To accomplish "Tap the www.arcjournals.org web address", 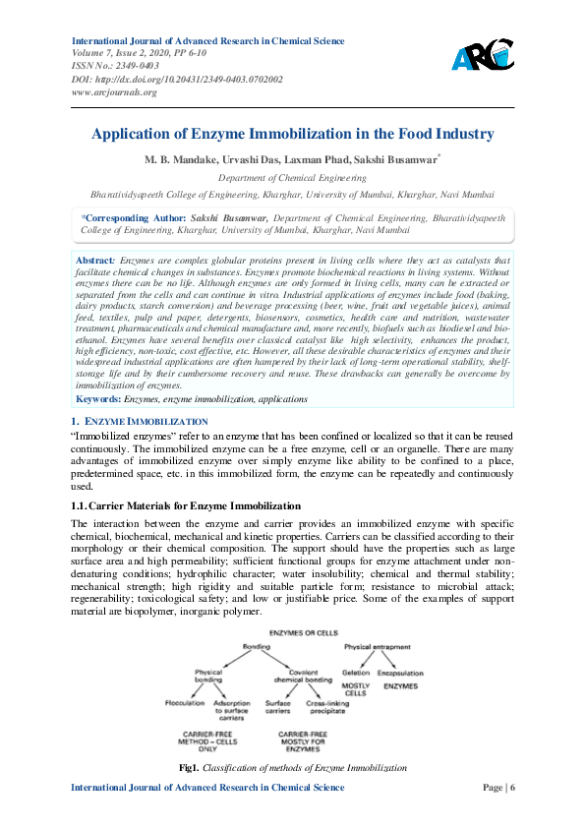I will click(115, 91).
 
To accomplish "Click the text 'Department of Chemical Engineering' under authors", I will click(292, 178).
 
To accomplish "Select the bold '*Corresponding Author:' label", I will click(133, 216).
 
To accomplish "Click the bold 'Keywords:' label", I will click(99, 399).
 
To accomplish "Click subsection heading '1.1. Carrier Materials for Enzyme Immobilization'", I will click(172, 505).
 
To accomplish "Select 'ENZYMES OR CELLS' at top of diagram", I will click(293, 630).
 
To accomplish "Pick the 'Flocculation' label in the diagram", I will click(185, 703).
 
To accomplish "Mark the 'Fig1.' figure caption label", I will click(189, 766).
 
